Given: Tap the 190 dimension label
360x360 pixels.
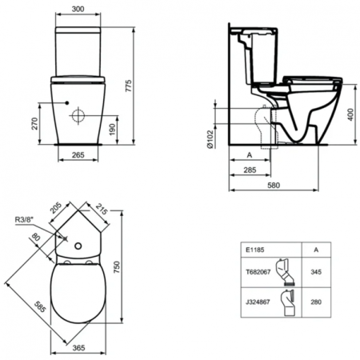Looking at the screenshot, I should (x=110, y=130).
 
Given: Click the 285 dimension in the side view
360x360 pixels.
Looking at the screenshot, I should (x=250, y=170).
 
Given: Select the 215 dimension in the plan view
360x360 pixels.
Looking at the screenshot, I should (x=102, y=210).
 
